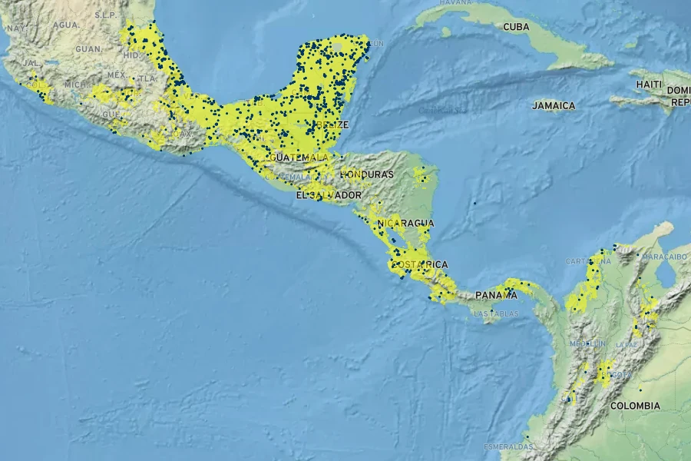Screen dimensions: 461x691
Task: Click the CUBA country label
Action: (516, 27)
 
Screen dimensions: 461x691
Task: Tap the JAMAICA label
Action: (554, 105)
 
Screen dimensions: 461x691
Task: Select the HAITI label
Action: (649, 84)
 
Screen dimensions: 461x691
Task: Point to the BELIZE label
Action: (333, 124)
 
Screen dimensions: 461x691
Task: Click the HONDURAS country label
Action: (367, 174)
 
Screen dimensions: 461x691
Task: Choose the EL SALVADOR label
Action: (329, 196)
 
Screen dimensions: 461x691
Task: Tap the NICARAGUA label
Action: (405, 223)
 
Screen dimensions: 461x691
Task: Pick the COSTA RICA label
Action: (419, 264)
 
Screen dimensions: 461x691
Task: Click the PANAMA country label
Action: (496, 295)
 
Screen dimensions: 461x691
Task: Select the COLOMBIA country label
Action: (635, 405)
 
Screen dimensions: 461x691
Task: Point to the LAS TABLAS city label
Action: (495, 313)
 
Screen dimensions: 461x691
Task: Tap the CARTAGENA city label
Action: (589, 261)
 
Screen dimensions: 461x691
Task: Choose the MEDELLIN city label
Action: (587, 343)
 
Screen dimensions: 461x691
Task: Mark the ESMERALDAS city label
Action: (508, 446)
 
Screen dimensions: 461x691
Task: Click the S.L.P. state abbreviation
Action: (104, 15)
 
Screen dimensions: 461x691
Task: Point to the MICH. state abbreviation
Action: (75, 85)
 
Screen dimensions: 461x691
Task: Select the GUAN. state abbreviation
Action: (88, 49)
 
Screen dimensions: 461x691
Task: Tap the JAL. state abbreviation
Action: (31, 63)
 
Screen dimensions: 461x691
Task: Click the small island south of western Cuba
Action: (445, 32)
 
